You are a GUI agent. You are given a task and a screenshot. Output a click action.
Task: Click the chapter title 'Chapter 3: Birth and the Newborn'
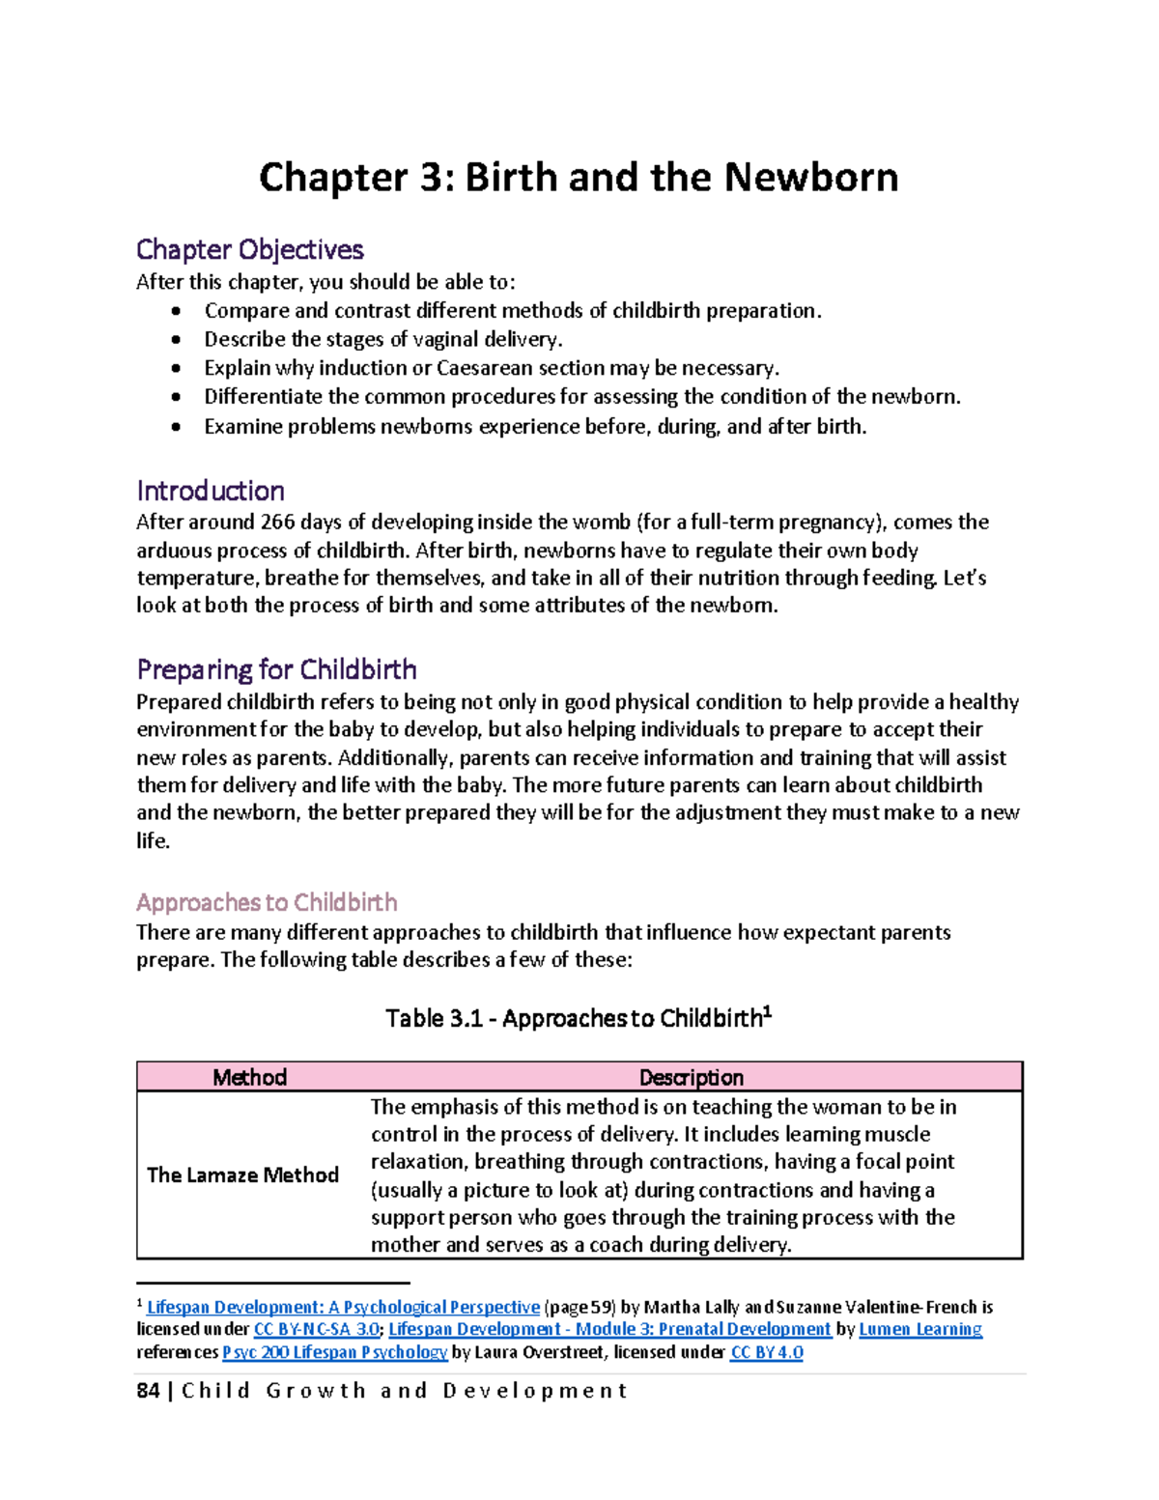579,178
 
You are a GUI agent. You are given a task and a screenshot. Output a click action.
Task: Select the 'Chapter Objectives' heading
249,249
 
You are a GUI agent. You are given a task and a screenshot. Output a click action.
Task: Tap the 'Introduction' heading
210,491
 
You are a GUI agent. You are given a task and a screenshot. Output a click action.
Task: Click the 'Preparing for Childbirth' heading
276,669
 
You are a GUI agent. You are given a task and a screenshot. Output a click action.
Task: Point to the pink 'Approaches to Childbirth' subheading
267,902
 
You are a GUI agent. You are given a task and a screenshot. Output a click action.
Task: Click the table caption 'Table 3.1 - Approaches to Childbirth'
578,1018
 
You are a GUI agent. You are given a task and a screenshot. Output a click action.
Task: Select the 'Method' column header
249,1077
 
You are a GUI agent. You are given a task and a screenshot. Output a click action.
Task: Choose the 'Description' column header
691,1077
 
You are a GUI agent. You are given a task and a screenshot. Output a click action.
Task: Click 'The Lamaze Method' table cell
242,1175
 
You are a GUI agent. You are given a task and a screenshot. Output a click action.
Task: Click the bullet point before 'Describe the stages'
175,340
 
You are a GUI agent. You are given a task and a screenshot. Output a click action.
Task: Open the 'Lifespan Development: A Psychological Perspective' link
343,1307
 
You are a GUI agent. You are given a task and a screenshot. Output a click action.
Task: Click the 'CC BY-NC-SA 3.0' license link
316,1329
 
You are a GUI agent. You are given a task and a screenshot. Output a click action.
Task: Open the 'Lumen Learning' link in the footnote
920,1329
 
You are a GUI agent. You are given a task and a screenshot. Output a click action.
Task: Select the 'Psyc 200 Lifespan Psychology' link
334,1352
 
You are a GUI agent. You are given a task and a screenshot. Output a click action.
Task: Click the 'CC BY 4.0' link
767,1352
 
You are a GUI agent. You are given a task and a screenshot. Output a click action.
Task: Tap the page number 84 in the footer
148,1391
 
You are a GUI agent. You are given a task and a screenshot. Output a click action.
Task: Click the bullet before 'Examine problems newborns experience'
175,427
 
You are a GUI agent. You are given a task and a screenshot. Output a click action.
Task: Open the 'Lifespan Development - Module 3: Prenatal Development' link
609,1329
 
